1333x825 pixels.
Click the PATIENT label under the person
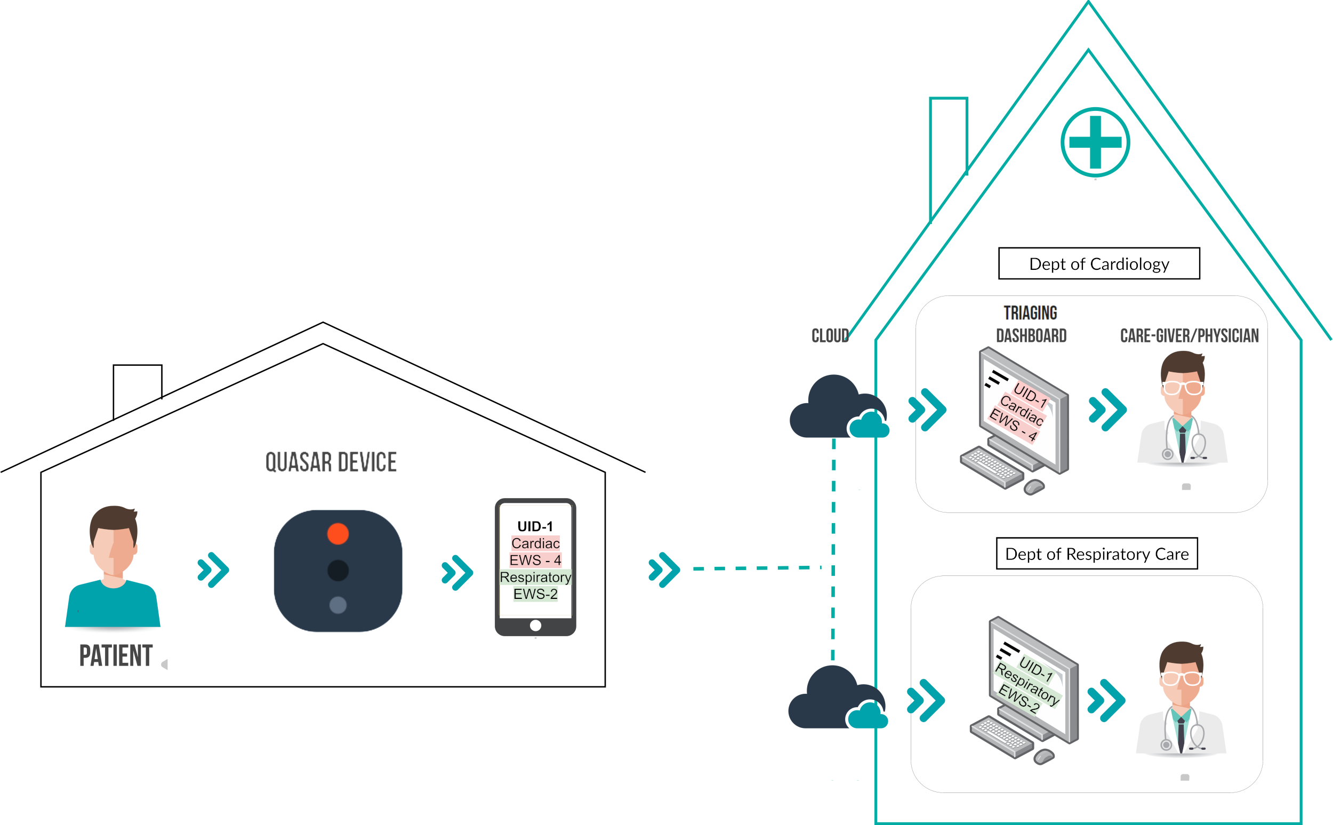116,655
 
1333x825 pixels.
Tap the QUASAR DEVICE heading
331,462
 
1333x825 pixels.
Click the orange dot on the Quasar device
338,534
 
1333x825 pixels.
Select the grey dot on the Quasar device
338,605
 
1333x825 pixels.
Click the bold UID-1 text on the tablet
535,526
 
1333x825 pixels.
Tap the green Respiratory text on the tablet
535,577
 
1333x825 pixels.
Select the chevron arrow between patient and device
213,570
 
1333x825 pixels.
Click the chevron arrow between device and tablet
457,573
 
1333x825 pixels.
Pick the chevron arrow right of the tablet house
664,570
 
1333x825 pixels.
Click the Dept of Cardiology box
1099,263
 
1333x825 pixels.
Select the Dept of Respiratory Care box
1097,554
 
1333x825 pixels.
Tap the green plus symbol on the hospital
1095,142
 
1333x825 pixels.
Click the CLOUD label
830,335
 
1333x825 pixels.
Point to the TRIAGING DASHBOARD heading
1031,324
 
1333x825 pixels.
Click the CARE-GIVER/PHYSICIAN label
1190,335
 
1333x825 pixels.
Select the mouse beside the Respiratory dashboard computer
1043,756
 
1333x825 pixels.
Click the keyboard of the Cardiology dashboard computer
992,467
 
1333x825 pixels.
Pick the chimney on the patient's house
138,390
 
